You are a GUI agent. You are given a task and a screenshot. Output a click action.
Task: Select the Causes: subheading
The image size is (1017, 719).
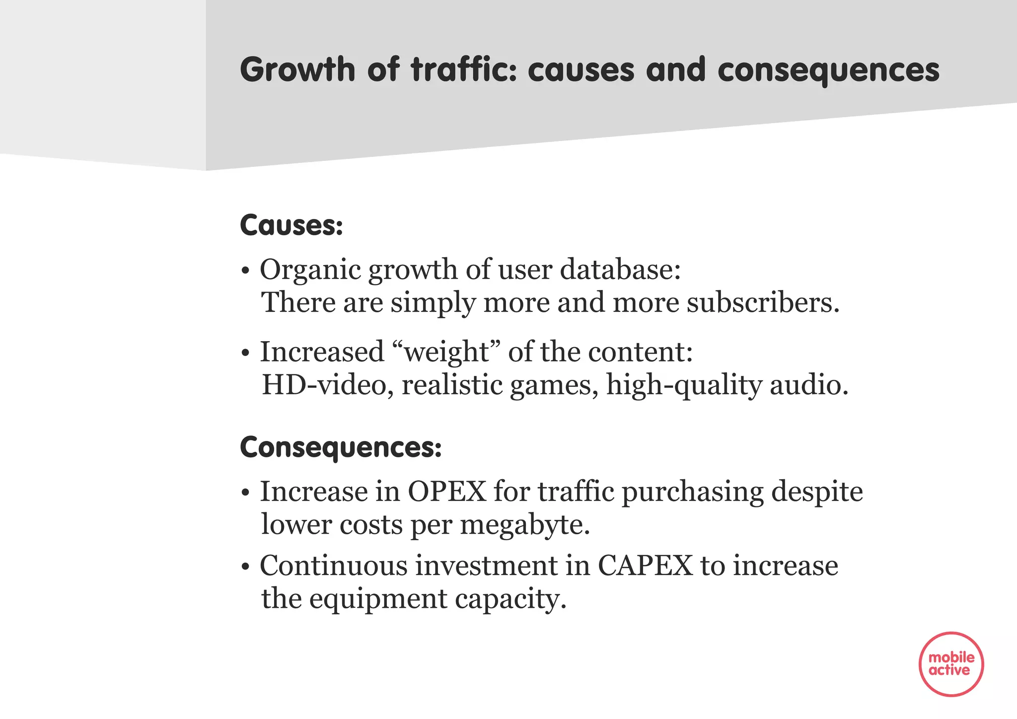click(x=291, y=225)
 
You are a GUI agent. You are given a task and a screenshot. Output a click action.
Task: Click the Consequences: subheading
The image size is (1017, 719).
click(x=341, y=447)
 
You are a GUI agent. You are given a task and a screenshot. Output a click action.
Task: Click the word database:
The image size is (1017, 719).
click(x=620, y=270)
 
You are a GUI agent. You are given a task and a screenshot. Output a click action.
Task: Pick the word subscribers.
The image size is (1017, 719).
click(x=762, y=302)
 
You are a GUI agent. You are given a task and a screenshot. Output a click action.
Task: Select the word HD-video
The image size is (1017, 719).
click(x=324, y=385)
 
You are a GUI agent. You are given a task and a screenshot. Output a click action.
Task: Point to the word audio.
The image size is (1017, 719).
click(x=808, y=385)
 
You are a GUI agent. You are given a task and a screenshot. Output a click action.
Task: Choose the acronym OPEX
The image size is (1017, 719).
click(x=447, y=492)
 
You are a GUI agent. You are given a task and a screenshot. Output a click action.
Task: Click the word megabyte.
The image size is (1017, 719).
click(x=524, y=525)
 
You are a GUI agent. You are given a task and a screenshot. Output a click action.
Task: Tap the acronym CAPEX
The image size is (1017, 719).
click(x=645, y=566)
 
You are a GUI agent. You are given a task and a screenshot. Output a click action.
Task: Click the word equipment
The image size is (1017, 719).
click(x=378, y=599)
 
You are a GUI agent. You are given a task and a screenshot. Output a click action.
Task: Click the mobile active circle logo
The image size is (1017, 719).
click(x=951, y=664)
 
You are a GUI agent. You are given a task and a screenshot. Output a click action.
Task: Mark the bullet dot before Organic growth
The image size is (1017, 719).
click(x=244, y=272)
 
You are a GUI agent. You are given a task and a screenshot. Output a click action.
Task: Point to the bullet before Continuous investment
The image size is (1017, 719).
click(x=244, y=567)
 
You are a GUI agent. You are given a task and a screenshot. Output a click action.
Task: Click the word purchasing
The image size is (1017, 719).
click(x=692, y=493)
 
